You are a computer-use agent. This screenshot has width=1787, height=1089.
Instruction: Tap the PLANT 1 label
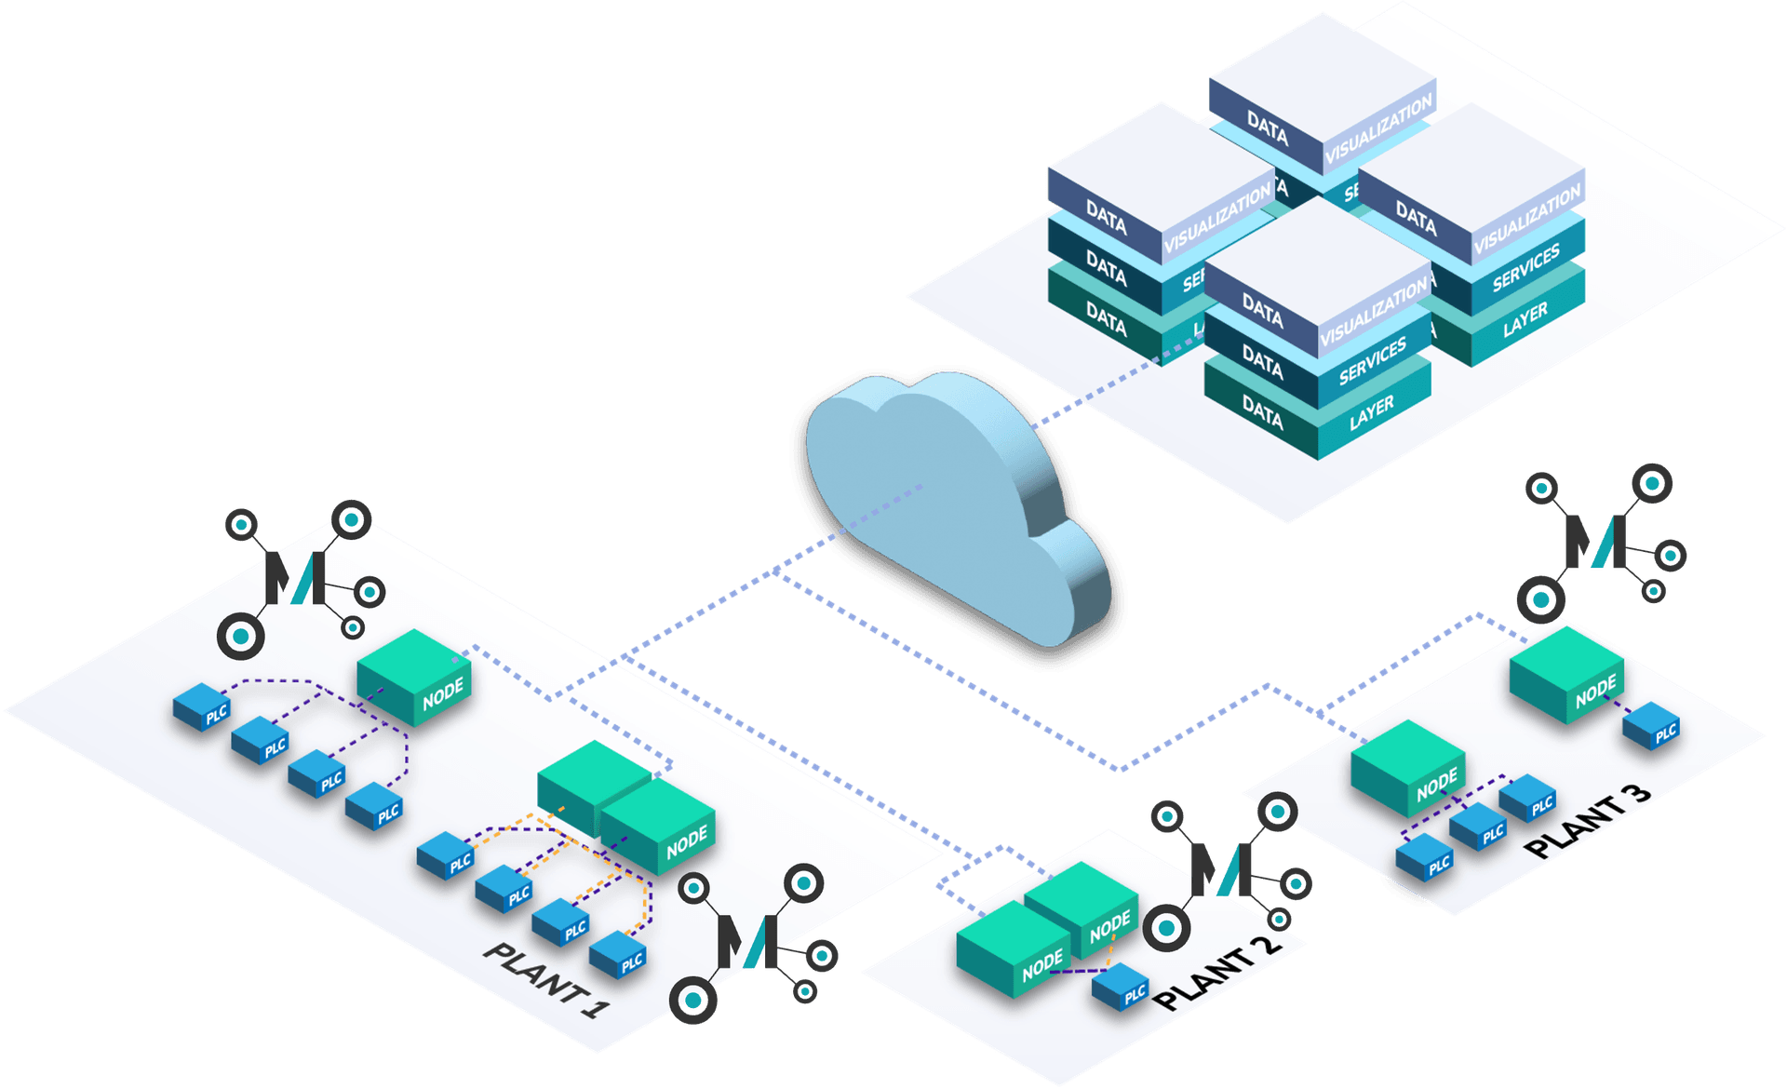(547, 980)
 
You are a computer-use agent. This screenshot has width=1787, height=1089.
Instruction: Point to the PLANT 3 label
(1590, 820)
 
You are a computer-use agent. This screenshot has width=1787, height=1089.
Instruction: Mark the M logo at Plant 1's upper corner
(297, 577)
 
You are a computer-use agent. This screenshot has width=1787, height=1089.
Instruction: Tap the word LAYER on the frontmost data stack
(1372, 413)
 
